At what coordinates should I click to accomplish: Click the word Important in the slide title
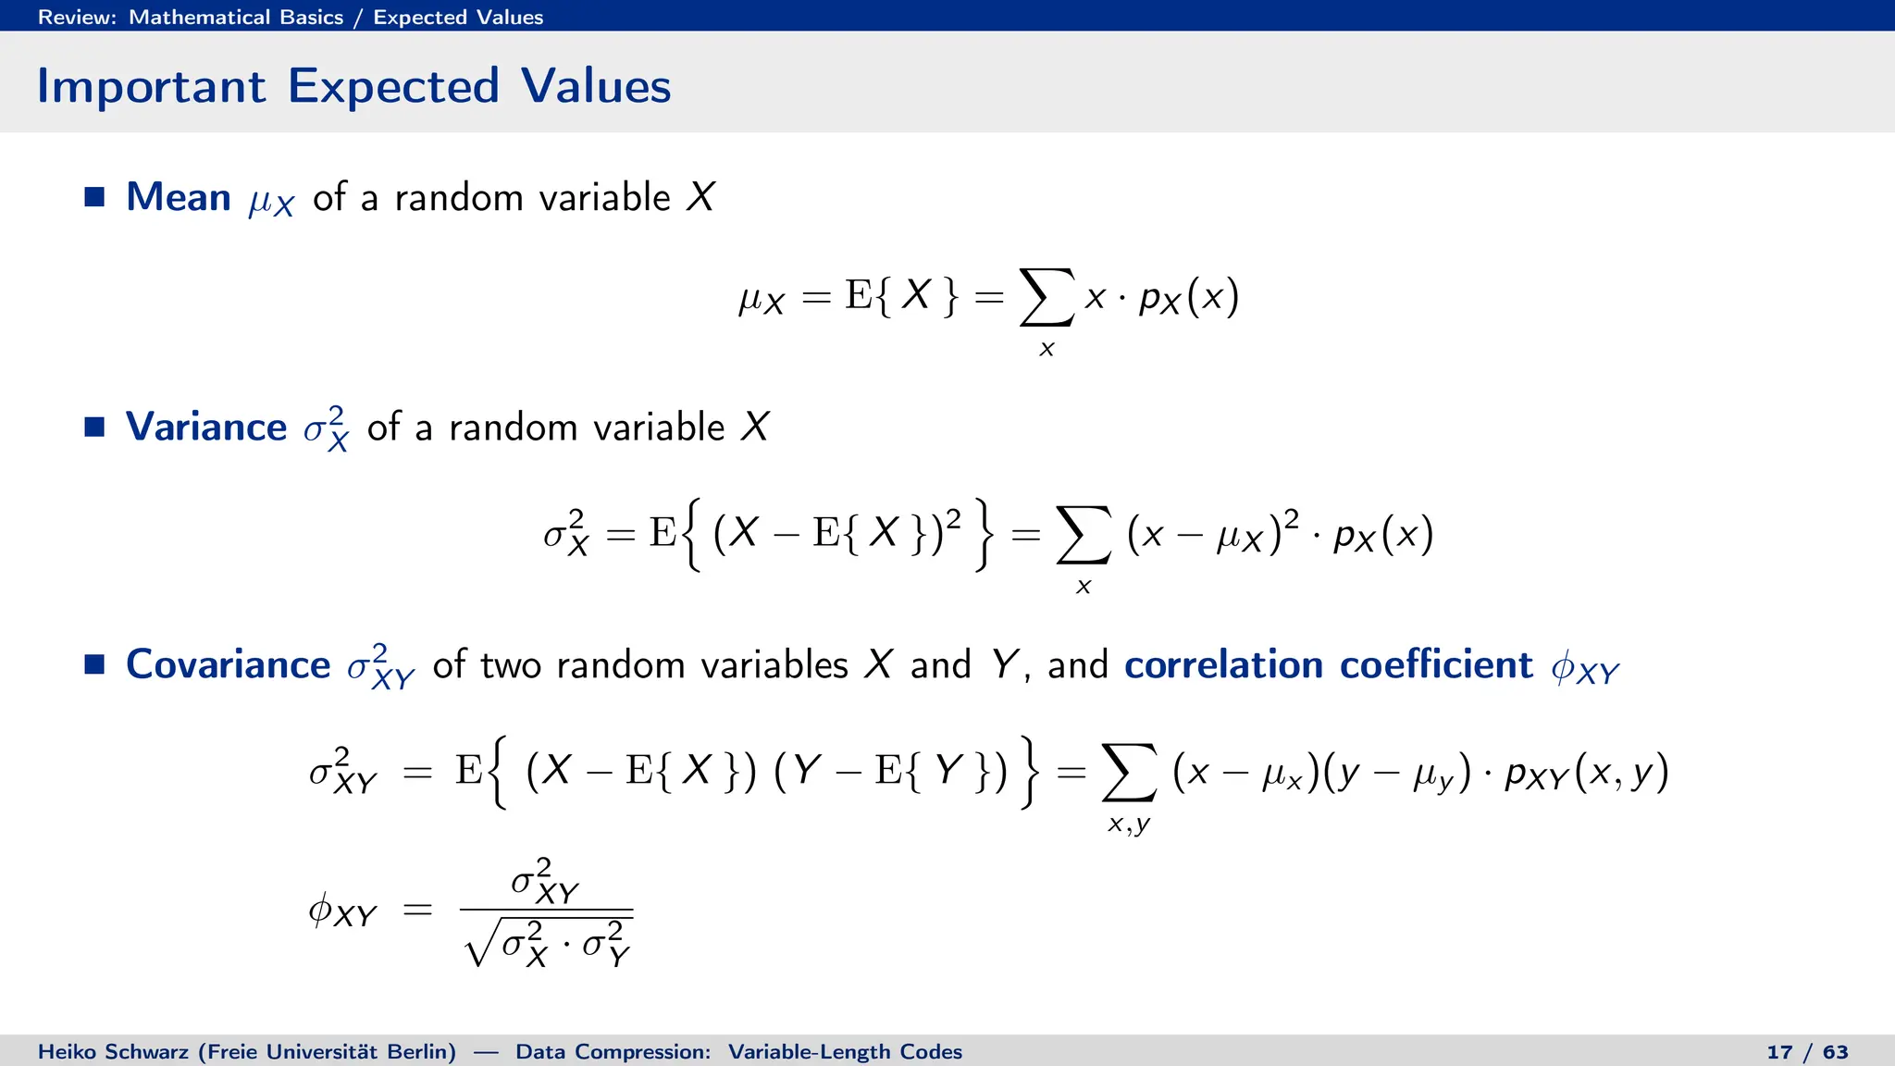[151, 87]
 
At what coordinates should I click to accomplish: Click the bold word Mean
[178, 197]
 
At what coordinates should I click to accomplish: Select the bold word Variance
[205, 427]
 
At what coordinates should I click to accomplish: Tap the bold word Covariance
[228, 664]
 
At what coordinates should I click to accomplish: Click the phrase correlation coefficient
[1328, 664]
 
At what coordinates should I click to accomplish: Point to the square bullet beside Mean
[94, 197]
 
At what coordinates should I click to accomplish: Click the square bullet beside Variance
[94, 427]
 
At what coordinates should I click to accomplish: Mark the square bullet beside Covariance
[94, 664]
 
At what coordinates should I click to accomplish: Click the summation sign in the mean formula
[1047, 297]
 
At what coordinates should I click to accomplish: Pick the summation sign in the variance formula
[1083, 535]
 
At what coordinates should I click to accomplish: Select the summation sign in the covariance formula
[1129, 773]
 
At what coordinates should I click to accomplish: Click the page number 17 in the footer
[1779, 1052]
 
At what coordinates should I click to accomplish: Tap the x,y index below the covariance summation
[1129, 824]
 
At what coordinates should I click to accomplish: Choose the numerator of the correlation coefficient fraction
[545, 881]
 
